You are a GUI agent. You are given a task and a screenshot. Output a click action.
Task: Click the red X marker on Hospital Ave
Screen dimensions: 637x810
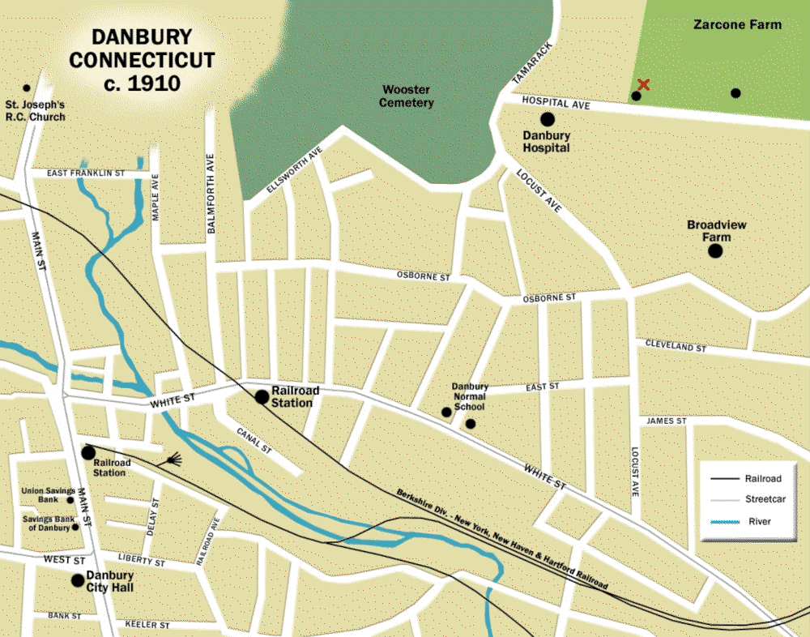point(643,84)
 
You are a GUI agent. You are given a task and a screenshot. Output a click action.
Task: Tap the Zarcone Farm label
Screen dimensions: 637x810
point(737,24)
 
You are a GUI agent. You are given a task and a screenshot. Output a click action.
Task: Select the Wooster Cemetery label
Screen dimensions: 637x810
point(407,96)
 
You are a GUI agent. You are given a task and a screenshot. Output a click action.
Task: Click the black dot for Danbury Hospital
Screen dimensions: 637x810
point(548,120)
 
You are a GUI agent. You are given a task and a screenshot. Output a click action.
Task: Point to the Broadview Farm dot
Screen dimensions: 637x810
point(715,251)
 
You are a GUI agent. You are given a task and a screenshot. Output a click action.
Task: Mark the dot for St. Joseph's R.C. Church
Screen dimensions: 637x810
point(27,88)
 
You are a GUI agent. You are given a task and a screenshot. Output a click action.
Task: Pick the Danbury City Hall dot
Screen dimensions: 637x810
point(78,579)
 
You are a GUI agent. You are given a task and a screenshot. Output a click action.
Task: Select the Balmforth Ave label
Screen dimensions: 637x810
point(211,194)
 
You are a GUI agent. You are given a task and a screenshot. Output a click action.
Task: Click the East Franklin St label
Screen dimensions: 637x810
point(85,173)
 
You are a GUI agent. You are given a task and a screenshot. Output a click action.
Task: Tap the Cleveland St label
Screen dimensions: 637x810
point(676,346)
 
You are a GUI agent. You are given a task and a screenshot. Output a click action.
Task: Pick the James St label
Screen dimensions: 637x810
point(666,421)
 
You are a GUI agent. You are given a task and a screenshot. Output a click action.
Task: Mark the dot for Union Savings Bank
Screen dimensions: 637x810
point(70,500)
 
